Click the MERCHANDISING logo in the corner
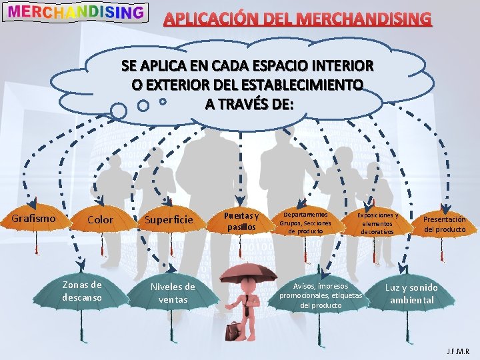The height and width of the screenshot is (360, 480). click(x=77, y=12)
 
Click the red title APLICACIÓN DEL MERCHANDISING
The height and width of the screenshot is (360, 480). click(x=298, y=19)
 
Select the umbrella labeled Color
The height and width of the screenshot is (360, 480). click(x=101, y=219)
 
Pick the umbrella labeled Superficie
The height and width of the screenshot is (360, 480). click(x=169, y=219)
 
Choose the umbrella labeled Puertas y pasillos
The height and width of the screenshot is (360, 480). click(x=241, y=221)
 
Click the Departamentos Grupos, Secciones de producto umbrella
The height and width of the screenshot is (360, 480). click(x=307, y=222)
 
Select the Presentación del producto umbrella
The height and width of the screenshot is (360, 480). click(x=444, y=224)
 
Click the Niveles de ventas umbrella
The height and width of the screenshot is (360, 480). click(x=173, y=293)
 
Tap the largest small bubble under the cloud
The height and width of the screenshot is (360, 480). click(x=119, y=109)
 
